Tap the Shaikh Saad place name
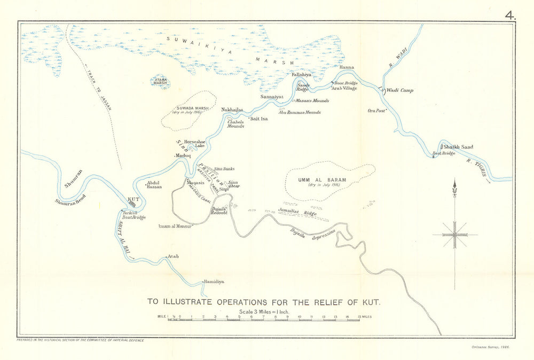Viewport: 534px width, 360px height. [x=458, y=147]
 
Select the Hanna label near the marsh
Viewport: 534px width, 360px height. [x=347, y=68]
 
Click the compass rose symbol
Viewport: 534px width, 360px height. [x=454, y=234]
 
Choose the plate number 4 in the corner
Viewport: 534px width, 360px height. [x=511, y=15]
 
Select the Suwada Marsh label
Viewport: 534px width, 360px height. [x=190, y=108]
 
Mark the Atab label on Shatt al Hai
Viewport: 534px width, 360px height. [x=173, y=256]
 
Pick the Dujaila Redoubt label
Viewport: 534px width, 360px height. [x=219, y=210]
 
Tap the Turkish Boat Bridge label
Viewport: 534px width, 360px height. [x=133, y=215]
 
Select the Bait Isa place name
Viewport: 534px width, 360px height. [x=258, y=119]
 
